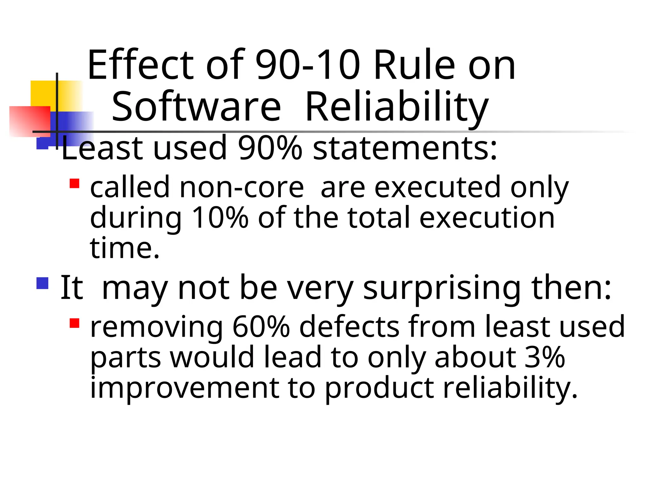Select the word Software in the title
click(196, 107)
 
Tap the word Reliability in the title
click(397, 107)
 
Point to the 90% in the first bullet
click(270, 148)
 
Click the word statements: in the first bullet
click(405, 148)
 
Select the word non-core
click(242, 187)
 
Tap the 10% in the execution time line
click(220, 217)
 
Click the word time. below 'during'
click(125, 248)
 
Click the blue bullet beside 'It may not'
click(43, 284)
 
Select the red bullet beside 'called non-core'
click(75, 183)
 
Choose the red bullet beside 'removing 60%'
click(75, 323)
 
